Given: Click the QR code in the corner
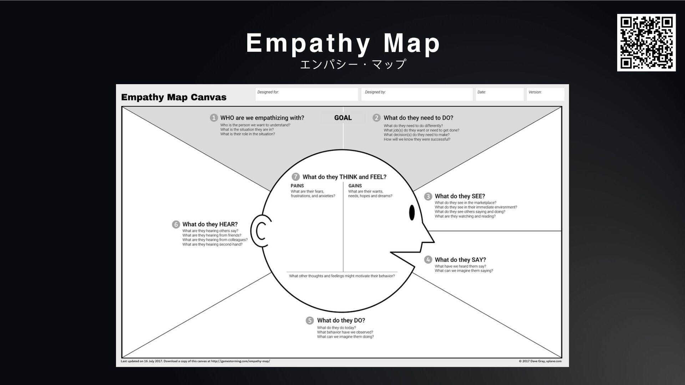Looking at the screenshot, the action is point(646,42).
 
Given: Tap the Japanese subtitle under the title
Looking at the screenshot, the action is point(353,64).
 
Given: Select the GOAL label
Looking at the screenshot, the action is point(343,118).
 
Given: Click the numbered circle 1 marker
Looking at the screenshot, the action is point(214,118).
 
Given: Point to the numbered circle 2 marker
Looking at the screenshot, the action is point(376,118).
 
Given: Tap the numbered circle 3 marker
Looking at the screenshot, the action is point(428,196).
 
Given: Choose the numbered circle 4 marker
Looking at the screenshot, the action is point(428,260).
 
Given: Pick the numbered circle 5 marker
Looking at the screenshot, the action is point(310,320).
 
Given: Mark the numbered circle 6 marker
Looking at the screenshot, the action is point(176,224).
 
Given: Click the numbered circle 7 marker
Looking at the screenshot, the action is point(296,177).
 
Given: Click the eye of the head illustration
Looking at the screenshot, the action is point(412,213).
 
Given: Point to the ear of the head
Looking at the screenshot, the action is point(260,231).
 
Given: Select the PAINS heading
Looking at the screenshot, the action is point(297,186).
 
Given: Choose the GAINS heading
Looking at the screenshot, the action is point(355,186).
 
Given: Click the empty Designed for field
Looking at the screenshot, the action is point(307,94).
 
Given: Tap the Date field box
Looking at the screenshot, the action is point(499,94).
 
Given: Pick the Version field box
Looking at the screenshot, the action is point(546,94).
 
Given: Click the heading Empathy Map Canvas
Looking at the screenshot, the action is point(174,97).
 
